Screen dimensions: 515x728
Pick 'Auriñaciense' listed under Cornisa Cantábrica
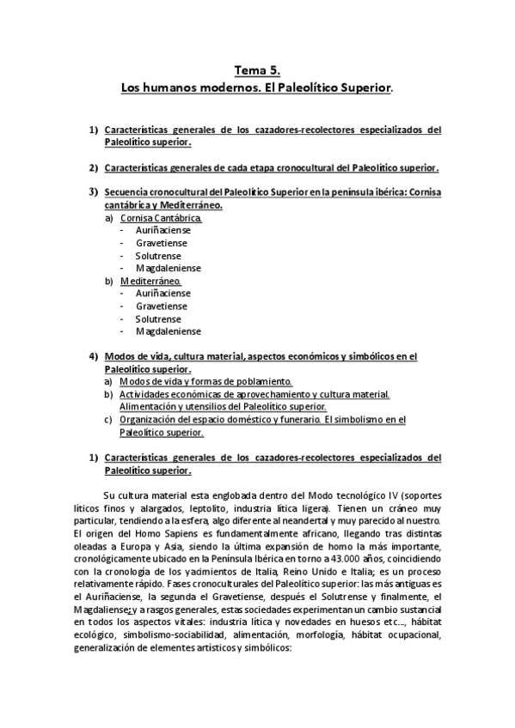[x=163, y=230]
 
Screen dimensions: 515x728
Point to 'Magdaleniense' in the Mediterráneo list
[x=168, y=331]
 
